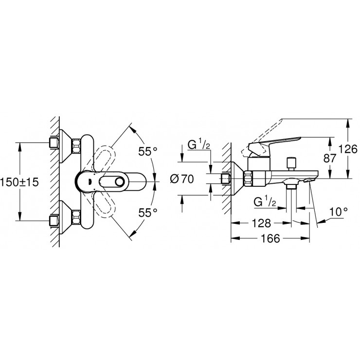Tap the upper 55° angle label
click(147, 151)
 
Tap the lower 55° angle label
click(147, 212)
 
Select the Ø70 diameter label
click(182, 179)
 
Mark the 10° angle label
click(338, 212)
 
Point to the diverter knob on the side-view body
click(292, 162)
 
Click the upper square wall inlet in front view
click(54, 142)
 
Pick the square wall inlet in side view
click(226, 179)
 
